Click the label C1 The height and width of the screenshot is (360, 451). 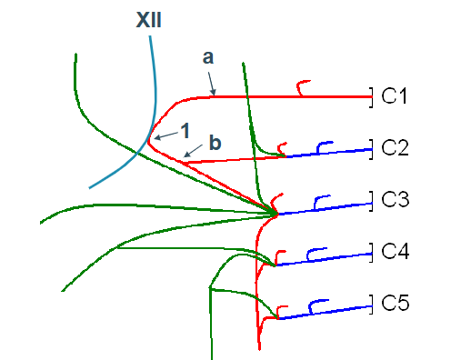[x=395, y=94]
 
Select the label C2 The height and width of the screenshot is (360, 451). [x=395, y=146]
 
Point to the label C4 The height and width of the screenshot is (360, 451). [x=395, y=252]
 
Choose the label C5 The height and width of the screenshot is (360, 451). [x=395, y=304]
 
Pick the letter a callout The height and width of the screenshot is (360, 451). [x=208, y=57]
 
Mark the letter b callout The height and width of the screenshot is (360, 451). [x=214, y=142]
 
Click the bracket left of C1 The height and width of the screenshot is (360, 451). [x=371, y=95]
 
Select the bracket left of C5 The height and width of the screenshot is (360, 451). [x=371, y=304]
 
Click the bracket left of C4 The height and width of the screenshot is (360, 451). [x=371, y=252]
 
